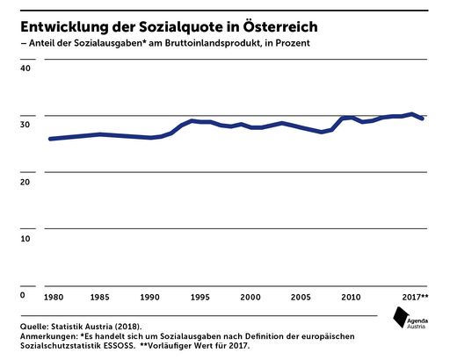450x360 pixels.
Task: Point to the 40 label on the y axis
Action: [25, 68]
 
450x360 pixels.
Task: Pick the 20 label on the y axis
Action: [25, 182]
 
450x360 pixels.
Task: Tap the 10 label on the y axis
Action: [25, 239]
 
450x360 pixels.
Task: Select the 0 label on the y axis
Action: [23, 296]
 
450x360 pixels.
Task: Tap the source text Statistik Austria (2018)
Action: [98, 327]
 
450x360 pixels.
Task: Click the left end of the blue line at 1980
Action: [49, 139]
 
